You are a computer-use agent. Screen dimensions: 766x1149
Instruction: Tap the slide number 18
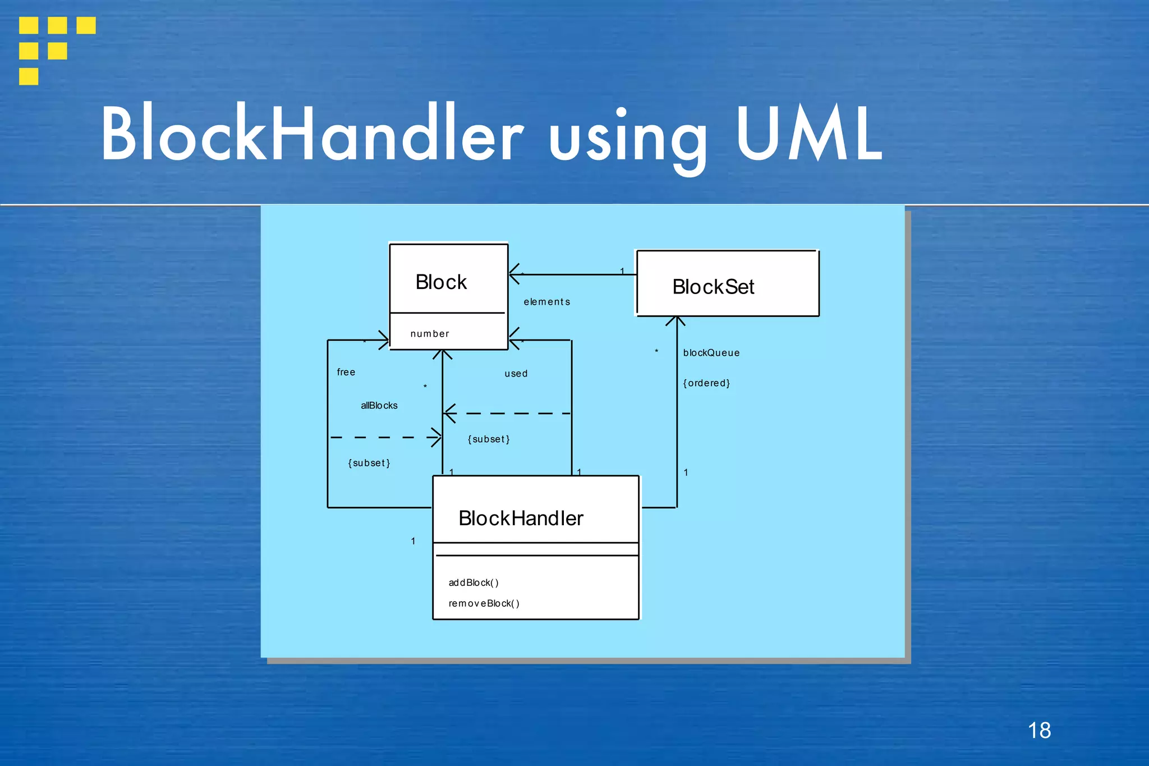click(1039, 730)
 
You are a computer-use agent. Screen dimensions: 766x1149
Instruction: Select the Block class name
click(441, 282)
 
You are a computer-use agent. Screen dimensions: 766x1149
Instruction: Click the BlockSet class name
click(713, 287)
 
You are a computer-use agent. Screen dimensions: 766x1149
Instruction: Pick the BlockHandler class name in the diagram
click(521, 518)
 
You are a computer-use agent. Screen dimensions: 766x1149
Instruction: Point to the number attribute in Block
click(430, 334)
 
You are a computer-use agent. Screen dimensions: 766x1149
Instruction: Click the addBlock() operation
click(474, 582)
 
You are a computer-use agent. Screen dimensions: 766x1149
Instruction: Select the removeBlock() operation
click(484, 603)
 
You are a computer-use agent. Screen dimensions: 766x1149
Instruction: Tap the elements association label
click(546, 302)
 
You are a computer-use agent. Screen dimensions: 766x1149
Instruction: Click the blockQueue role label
click(711, 353)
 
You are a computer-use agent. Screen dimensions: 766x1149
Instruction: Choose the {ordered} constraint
click(706, 383)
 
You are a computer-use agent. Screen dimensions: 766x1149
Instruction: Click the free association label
click(346, 372)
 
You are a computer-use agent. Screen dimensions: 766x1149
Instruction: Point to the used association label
click(516, 374)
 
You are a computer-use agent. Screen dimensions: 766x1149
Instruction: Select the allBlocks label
click(379, 405)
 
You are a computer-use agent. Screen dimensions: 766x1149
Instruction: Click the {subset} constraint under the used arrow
click(489, 439)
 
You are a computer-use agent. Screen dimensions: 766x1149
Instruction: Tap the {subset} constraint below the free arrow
click(369, 463)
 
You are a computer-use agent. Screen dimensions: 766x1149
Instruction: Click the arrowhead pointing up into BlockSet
click(676, 321)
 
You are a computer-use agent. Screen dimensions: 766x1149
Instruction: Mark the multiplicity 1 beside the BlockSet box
click(622, 272)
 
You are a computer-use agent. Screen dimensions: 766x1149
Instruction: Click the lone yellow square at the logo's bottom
click(29, 76)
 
